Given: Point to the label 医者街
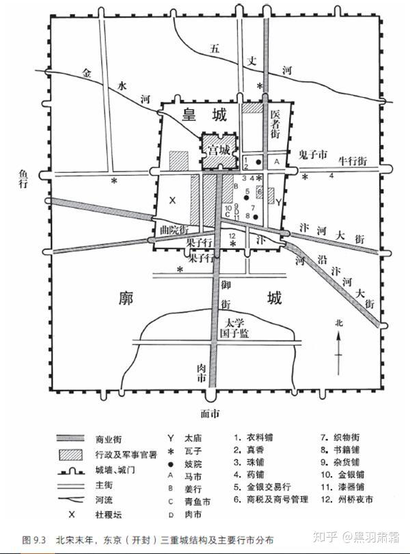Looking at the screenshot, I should pos(275,125).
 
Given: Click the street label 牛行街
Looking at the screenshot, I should pos(353,161).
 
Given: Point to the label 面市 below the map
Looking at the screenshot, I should pos(210,413).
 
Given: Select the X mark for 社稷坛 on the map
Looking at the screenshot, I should pos(172,200).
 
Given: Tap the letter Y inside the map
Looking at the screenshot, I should pos(278,202).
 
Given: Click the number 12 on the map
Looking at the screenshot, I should pos(232,236).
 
